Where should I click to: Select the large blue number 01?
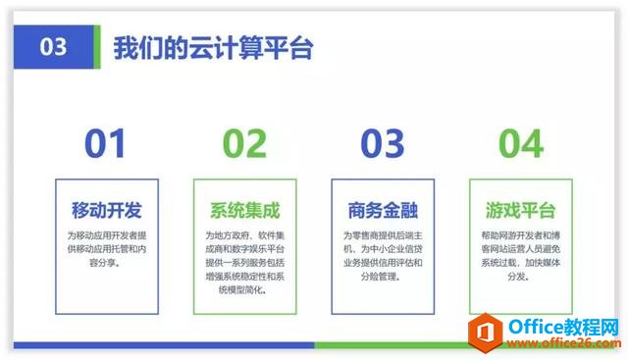coord(106,143)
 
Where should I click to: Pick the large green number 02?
coord(244,143)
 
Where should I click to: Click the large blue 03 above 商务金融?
coord(383,143)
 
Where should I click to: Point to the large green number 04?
coord(521,143)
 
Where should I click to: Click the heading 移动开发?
coord(107,210)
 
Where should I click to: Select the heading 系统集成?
coord(245,210)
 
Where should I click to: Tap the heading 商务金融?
coord(383,210)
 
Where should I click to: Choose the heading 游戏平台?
coord(521,210)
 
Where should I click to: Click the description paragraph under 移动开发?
coord(107,249)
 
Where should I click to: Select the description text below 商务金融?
coord(383,256)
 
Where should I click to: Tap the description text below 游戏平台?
coord(521,256)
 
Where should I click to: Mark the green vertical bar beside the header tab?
coord(96,47)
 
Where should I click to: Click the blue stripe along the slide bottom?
coord(157,345)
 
